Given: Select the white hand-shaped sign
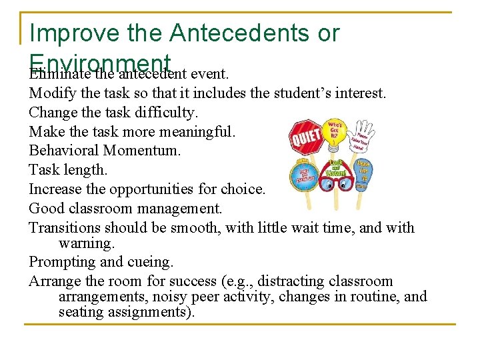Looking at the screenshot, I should (x=363, y=137).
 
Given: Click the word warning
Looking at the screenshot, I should (x=87, y=243).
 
